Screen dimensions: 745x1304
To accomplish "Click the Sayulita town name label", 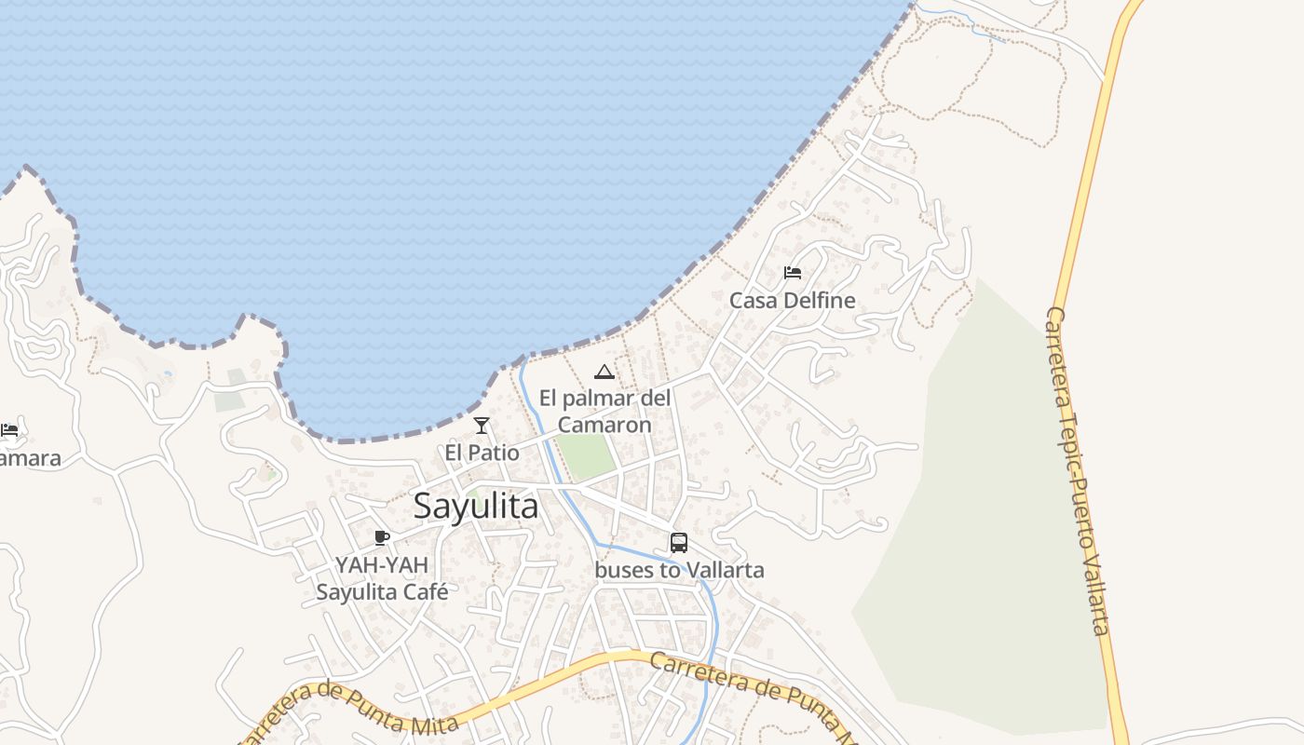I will coord(475,507).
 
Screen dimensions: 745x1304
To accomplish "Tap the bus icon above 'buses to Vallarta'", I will coord(679,543).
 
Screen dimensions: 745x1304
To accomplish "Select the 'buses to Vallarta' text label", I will coord(679,570).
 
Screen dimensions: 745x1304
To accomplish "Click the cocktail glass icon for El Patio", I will coord(482,426).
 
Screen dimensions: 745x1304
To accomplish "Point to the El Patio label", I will coord(482,453).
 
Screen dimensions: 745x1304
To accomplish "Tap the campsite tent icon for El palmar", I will coord(604,372).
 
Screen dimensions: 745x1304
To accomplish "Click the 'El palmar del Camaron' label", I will coord(604,412).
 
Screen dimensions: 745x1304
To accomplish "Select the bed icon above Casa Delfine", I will coord(793,273).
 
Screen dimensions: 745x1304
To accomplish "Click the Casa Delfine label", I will coord(792,301).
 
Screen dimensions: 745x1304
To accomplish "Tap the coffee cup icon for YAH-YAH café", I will coord(381,537).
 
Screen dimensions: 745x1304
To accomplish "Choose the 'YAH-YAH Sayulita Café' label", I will coord(382,578).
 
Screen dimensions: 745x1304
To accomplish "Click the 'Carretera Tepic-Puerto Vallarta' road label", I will coord(1078,470).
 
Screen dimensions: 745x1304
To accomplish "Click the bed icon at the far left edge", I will coord(9,430).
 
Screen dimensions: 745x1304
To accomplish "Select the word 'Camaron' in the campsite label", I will coord(604,425).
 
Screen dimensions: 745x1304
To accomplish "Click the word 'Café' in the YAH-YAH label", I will coord(426,591).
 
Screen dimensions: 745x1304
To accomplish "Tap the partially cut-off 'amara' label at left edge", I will coord(30,458).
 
